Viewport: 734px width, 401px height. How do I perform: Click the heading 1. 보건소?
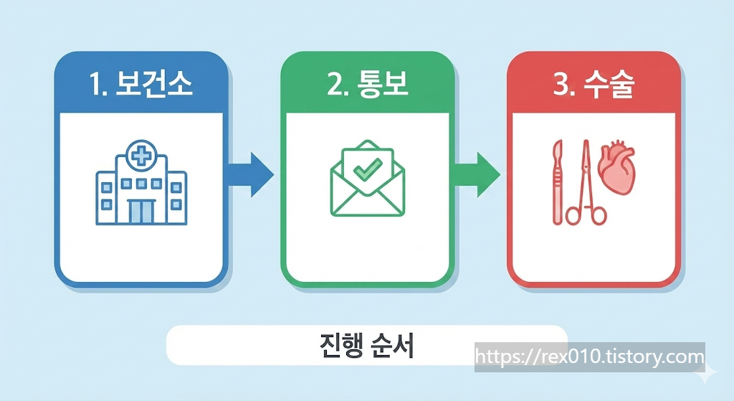click(142, 85)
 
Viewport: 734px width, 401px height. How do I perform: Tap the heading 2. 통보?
click(367, 85)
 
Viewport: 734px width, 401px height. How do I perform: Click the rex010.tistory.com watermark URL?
click(590, 357)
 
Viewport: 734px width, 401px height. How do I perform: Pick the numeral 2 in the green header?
click(333, 85)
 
